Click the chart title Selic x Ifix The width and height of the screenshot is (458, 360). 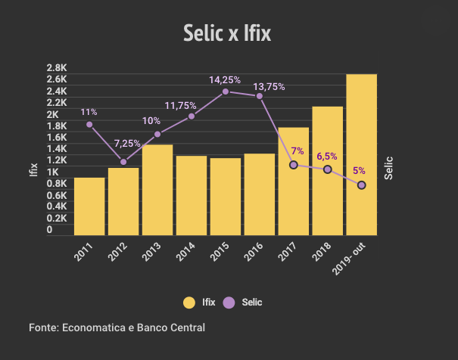[x=227, y=33]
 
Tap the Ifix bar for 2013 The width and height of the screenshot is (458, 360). [x=157, y=190]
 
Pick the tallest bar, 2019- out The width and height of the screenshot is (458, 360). [x=361, y=155]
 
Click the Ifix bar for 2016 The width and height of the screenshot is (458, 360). [x=260, y=194]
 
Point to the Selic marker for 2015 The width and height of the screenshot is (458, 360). [x=226, y=92]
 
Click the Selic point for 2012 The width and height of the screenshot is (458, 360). [x=123, y=162]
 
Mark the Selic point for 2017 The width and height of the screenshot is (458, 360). [x=294, y=165]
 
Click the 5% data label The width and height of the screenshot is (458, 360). [x=359, y=171]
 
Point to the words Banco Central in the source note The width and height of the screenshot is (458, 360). [x=173, y=327]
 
